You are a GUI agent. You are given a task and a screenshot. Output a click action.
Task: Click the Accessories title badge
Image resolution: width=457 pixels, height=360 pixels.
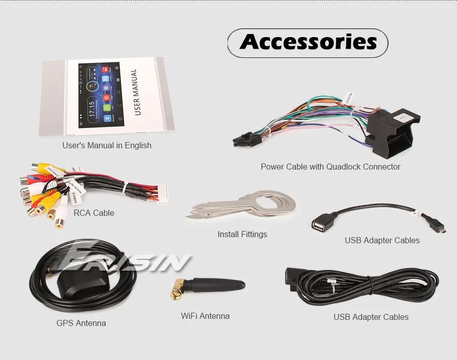tap(308, 42)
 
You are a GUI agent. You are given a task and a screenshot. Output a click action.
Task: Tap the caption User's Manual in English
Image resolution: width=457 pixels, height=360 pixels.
tap(107, 145)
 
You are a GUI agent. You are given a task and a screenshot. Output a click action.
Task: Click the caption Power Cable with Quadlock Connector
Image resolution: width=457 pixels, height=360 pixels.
tap(331, 167)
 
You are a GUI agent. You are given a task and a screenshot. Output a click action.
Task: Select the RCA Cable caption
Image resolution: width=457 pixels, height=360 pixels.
tap(94, 213)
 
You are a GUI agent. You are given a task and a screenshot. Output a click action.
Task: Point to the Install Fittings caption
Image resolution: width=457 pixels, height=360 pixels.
tap(242, 234)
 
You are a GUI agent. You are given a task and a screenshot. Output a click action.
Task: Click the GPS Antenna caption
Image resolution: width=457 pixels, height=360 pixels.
tap(81, 323)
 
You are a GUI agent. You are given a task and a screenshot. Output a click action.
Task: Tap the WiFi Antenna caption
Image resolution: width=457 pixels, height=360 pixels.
tap(205, 316)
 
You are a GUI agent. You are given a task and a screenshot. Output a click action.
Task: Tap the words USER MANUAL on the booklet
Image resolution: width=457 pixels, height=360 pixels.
tap(136, 92)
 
